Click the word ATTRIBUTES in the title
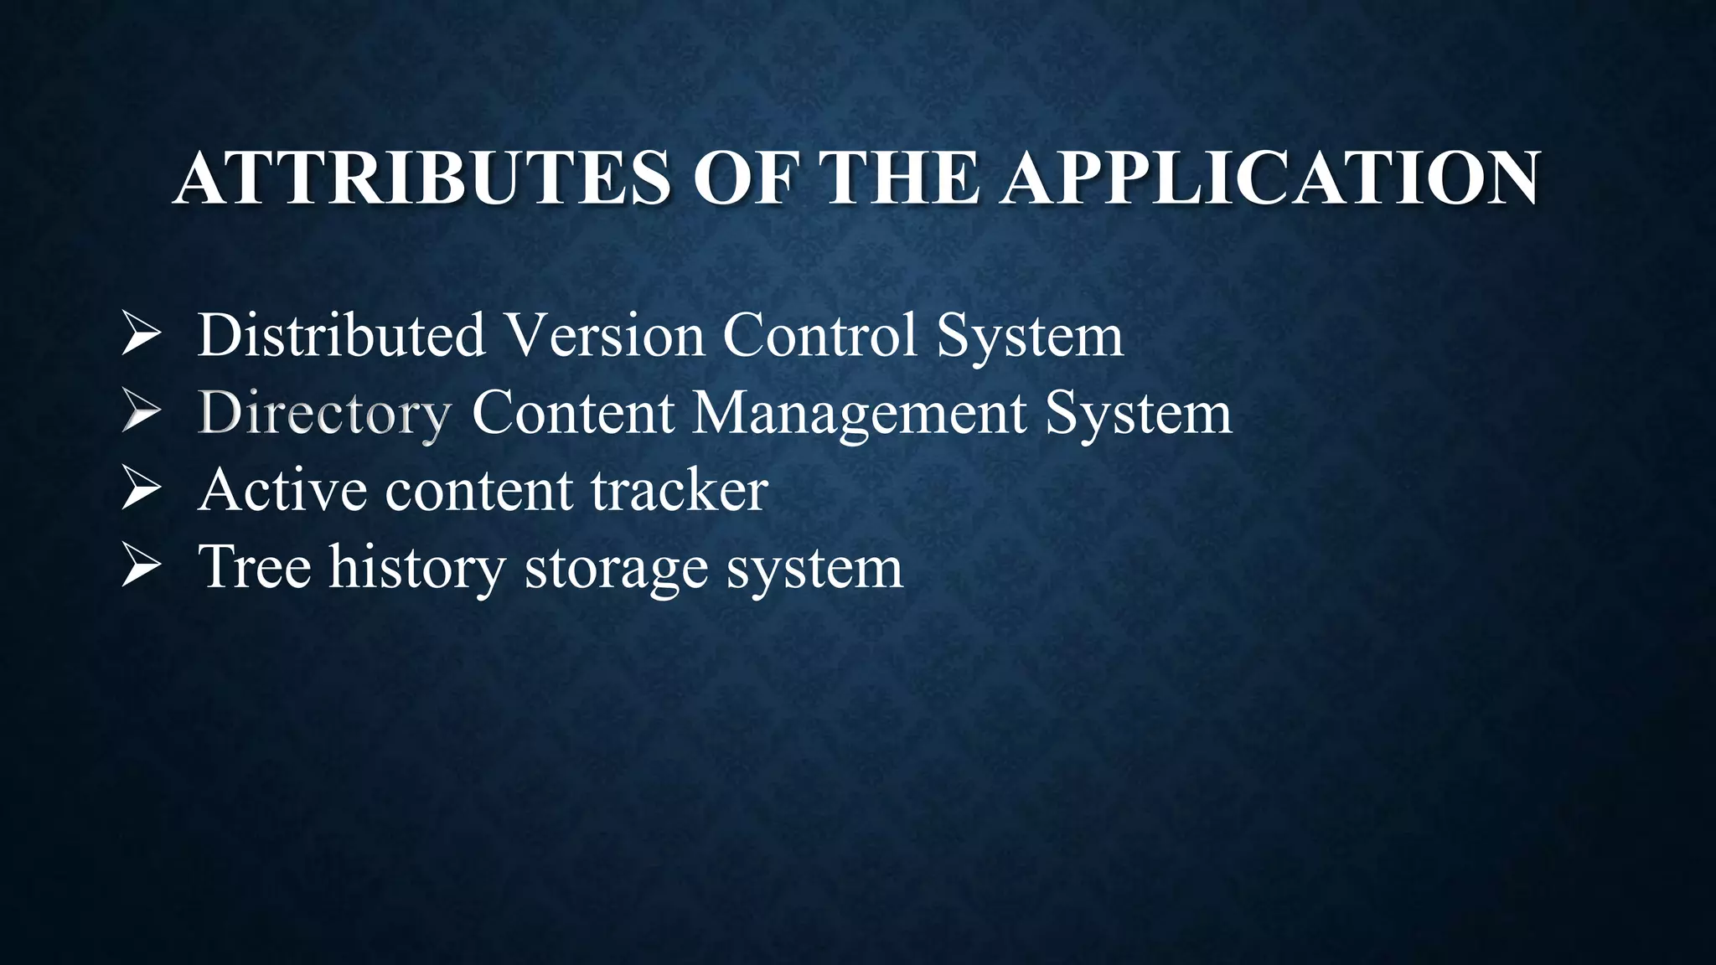(x=421, y=178)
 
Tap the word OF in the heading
(x=742, y=178)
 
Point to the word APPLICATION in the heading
(x=1271, y=178)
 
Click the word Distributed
(x=342, y=335)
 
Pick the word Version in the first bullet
(x=606, y=335)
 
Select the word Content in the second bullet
(x=573, y=412)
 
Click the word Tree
(x=255, y=566)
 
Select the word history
(x=417, y=568)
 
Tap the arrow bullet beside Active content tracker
(x=141, y=489)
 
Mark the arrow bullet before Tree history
(x=141, y=566)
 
